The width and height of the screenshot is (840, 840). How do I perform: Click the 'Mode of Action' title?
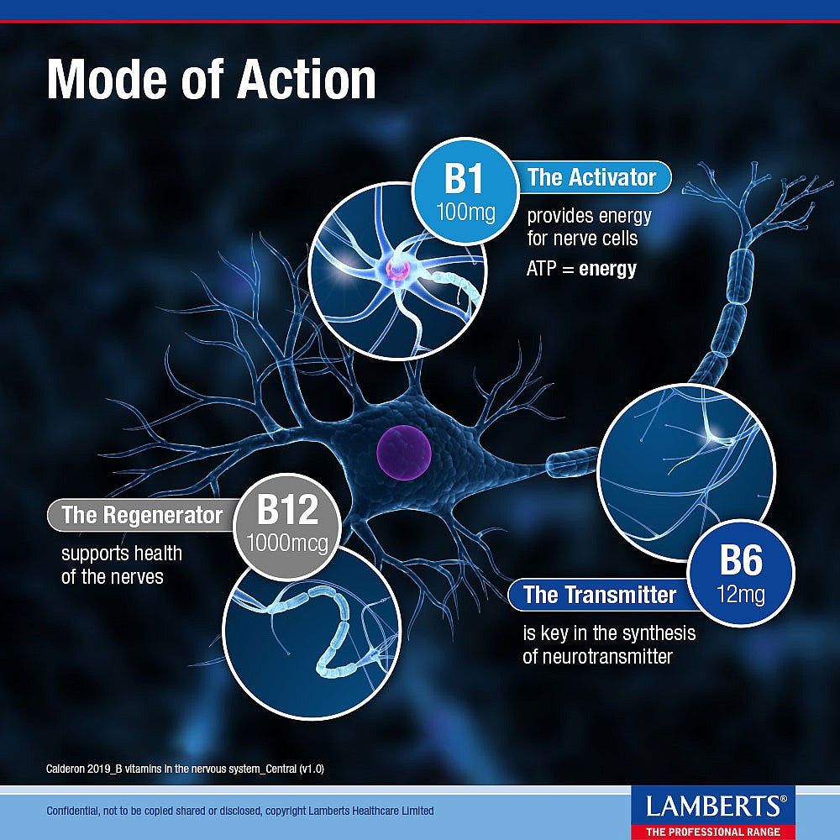(212, 79)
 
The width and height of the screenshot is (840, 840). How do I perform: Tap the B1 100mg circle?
(465, 192)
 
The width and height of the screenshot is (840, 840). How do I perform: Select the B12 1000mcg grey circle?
(287, 526)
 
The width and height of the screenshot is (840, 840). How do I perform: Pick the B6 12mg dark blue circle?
(740, 573)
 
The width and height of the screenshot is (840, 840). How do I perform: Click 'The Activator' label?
(591, 177)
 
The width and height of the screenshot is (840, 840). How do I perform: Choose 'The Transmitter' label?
(600, 595)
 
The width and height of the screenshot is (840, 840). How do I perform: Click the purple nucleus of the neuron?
(403, 452)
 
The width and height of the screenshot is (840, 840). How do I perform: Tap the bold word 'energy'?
(607, 269)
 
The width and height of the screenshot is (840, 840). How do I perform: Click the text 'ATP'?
(542, 269)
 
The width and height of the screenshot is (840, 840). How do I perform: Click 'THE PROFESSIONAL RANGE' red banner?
(713, 832)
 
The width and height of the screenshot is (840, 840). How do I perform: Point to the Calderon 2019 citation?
(185, 769)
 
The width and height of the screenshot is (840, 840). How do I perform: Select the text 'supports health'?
(122, 554)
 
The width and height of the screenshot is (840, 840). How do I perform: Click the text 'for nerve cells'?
(582, 239)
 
